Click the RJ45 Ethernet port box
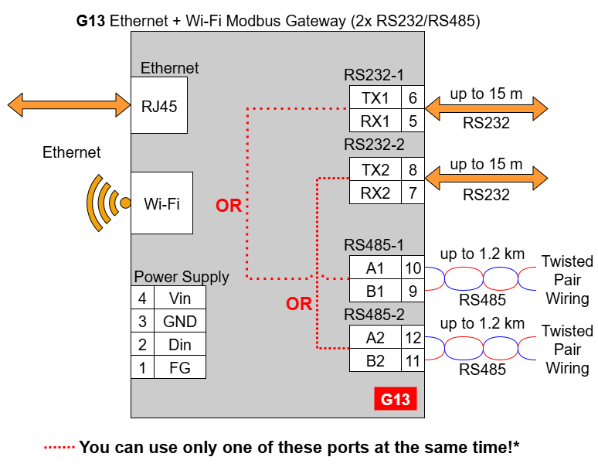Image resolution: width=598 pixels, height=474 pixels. [x=158, y=105]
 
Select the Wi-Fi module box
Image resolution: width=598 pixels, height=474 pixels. [x=161, y=203]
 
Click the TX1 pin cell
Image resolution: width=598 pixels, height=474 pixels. [x=375, y=97]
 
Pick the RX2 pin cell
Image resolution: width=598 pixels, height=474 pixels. [x=375, y=193]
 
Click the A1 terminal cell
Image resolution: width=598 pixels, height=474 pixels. [x=375, y=268]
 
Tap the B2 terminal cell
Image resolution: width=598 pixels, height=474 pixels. [x=375, y=360]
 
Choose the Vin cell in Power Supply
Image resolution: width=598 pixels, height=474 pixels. [x=179, y=298]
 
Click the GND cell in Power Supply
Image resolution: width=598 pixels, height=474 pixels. [x=179, y=321]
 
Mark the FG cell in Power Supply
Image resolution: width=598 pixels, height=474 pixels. [x=179, y=367]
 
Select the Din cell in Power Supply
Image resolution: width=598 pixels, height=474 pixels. [x=179, y=344]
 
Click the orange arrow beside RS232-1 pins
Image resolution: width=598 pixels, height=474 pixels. [x=487, y=108]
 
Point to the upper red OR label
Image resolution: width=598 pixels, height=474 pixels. [x=229, y=206]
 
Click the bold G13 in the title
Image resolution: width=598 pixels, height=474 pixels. [x=91, y=21]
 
